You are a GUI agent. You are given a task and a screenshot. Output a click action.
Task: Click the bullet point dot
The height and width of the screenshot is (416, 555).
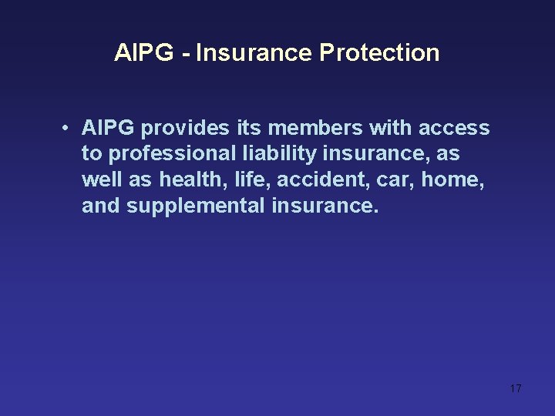tap(69, 128)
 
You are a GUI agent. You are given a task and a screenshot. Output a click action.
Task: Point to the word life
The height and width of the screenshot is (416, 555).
tap(251, 180)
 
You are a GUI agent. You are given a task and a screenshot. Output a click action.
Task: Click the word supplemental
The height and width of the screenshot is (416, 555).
tap(196, 206)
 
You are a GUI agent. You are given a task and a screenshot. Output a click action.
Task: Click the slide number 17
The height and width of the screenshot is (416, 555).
tap(516, 388)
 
